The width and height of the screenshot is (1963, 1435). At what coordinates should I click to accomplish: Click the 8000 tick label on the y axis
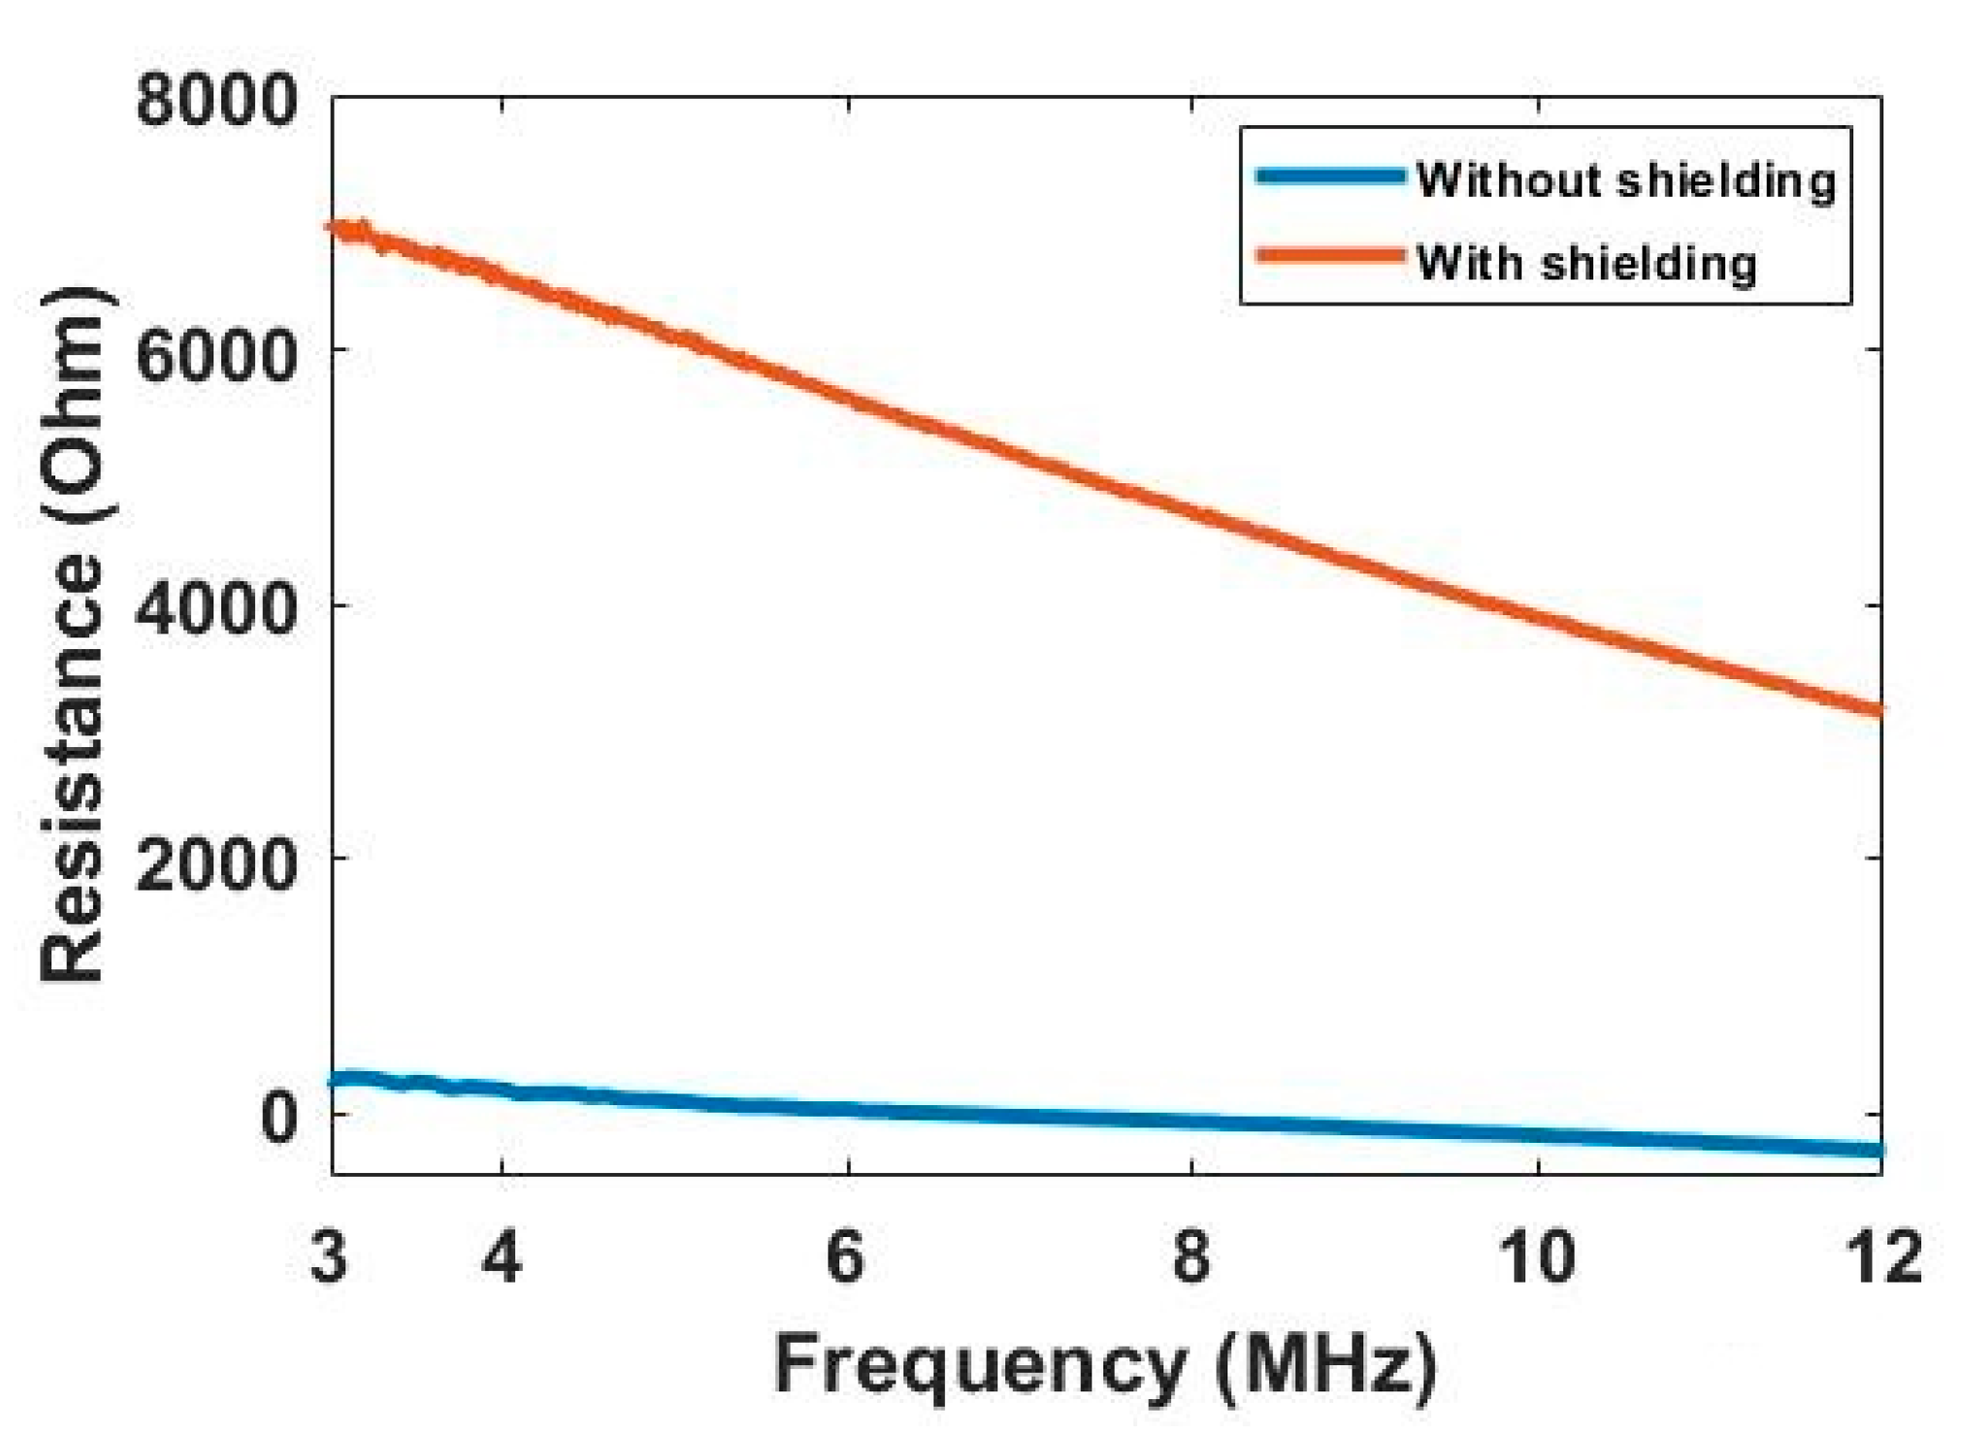(x=215, y=101)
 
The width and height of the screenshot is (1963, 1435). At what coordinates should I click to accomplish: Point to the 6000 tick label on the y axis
(x=215, y=354)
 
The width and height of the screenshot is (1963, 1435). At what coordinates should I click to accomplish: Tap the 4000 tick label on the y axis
(x=215, y=608)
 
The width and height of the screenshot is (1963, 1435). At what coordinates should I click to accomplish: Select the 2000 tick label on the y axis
(x=215, y=863)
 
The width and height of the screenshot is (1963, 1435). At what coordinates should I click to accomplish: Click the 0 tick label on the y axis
(x=278, y=1117)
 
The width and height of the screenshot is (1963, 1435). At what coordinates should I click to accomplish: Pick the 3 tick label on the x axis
(x=330, y=1257)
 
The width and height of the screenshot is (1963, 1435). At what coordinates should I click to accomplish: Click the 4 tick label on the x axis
(x=502, y=1257)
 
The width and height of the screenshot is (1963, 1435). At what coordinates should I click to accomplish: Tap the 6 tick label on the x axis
(x=846, y=1257)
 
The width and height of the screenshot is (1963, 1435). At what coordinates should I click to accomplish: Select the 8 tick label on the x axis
(x=1192, y=1257)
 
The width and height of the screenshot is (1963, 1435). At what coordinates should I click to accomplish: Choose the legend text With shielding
(x=1586, y=262)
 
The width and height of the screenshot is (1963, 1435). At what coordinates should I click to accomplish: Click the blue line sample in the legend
(x=1330, y=177)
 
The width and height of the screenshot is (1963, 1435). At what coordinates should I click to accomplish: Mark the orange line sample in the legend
(x=1330, y=256)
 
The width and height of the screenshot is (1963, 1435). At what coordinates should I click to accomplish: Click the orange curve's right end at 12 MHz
(x=1878, y=710)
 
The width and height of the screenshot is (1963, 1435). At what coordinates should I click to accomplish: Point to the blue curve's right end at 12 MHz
(x=1878, y=1150)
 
